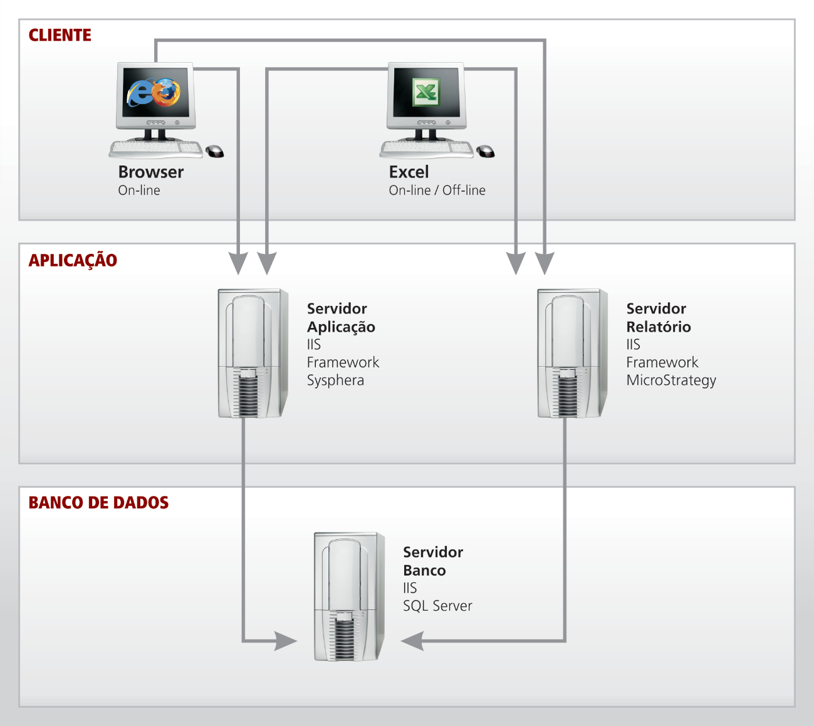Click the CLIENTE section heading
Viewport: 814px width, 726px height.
(x=60, y=36)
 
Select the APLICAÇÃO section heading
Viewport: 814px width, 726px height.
(x=73, y=260)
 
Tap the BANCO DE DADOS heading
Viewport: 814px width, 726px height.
(x=98, y=503)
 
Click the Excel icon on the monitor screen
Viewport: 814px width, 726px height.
(x=426, y=93)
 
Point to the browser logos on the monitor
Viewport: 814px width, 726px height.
(x=154, y=93)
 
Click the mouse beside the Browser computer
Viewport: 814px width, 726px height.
(x=214, y=151)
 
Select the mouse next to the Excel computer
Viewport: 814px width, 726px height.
(x=485, y=151)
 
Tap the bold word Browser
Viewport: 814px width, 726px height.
(x=151, y=172)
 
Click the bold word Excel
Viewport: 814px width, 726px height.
(x=409, y=172)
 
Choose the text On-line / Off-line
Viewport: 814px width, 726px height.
(x=437, y=191)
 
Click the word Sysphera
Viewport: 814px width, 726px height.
(x=335, y=381)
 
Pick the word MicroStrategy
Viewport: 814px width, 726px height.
(x=671, y=381)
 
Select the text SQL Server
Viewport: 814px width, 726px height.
(x=437, y=606)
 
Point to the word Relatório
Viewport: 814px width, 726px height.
(x=659, y=327)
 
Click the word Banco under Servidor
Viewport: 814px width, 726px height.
(x=424, y=571)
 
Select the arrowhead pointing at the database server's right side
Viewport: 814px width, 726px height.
(x=412, y=641)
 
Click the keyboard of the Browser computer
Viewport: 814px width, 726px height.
(x=155, y=149)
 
